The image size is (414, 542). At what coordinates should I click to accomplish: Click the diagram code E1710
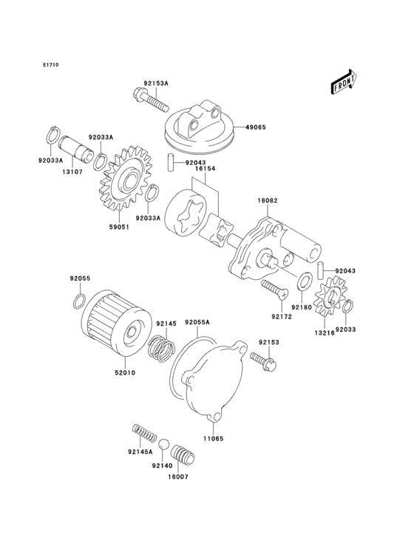[x=50, y=65]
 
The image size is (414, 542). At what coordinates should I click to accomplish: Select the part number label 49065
[x=256, y=127]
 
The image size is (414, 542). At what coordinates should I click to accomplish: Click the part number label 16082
[x=268, y=201]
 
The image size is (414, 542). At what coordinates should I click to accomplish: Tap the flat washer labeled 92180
[x=304, y=282]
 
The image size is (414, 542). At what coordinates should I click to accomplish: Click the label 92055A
[x=197, y=323]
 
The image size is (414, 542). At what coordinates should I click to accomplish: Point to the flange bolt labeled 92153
[x=262, y=361]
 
